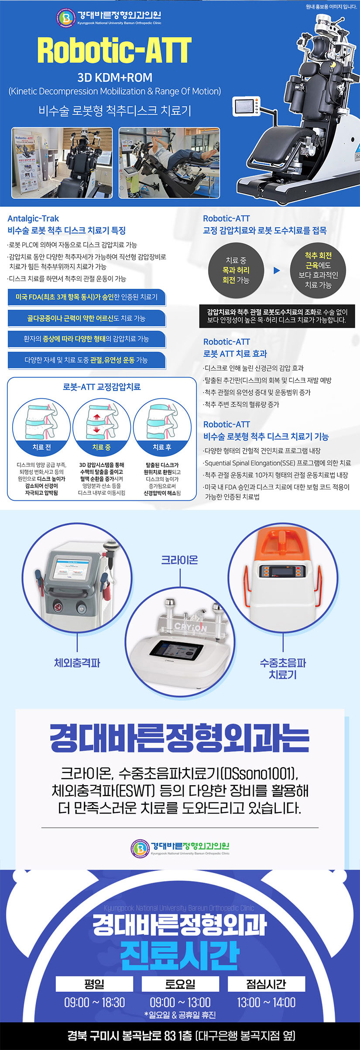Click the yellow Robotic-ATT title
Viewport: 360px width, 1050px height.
pyautogui.click(x=114, y=50)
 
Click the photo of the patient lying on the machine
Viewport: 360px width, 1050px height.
pyautogui.click(x=169, y=163)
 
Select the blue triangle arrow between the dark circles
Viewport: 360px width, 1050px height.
pyautogui.click(x=276, y=270)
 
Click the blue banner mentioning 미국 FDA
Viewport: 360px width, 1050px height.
pyautogui.click(x=86, y=297)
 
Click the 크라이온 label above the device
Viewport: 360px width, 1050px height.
pyautogui.click(x=180, y=560)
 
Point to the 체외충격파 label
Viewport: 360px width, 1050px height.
pyautogui.click(x=77, y=663)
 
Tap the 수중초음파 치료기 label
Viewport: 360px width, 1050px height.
pyautogui.click(x=283, y=669)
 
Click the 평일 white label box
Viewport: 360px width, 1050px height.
pyautogui.click(x=94, y=984)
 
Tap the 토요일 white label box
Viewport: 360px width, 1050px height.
pyautogui.click(x=180, y=984)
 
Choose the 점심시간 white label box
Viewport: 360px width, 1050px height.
pyautogui.click(x=266, y=984)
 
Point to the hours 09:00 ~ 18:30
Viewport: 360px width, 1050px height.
pyautogui.click(x=94, y=1002)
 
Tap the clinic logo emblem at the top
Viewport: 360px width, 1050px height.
pyautogui.click(x=66, y=17)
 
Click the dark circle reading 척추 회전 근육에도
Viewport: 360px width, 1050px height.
pyautogui.click(x=318, y=270)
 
